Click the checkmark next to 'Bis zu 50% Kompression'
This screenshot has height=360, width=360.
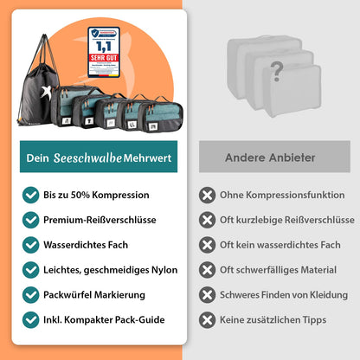[30, 195]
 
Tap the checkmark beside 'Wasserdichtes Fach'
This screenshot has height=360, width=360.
[30, 245]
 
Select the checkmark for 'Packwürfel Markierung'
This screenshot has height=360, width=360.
[30, 294]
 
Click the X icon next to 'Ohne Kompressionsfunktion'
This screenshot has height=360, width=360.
[208, 195]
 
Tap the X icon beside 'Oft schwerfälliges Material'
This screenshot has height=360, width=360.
[208, 270]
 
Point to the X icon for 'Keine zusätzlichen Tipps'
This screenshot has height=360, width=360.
[208, 319]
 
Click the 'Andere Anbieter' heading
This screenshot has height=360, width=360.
[270, 157]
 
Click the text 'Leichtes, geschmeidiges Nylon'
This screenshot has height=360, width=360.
[111, 270]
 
